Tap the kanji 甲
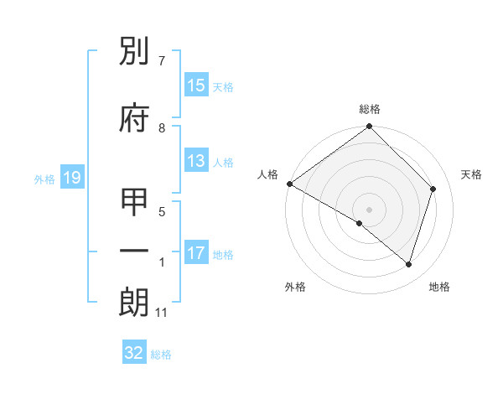[135, 204]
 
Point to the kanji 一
[135, 252]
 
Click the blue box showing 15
[196, 86]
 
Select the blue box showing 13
[196, 162]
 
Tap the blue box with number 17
[196, 254]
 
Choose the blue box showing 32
[135, 353]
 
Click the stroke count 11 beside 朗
[162, 313]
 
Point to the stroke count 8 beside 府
[162, 128]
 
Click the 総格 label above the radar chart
[370, 109]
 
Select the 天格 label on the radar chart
[472, 174]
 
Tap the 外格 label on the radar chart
[295, 287]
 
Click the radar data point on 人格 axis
[289, 184]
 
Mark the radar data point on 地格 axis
[409, 265]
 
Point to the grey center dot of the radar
[370, 209]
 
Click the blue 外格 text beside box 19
[44, 179]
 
